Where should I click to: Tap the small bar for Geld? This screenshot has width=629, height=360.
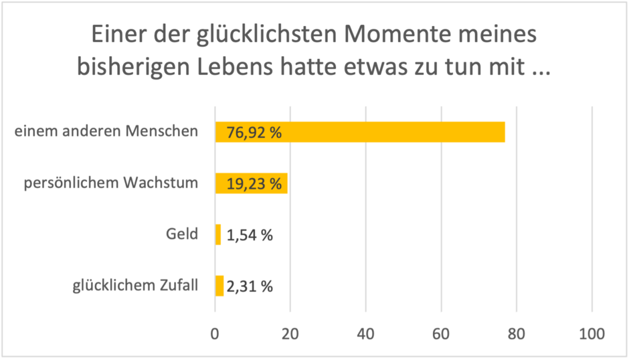218,234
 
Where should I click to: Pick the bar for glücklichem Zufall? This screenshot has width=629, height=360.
219,286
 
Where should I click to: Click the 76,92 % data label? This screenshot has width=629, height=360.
254,132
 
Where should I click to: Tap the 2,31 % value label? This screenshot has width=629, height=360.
249,286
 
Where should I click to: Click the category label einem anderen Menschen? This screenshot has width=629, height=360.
106,131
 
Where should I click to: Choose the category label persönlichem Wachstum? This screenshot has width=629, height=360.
111,183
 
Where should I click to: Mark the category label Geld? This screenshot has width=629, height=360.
183,234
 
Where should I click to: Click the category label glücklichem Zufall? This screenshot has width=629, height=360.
135,286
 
